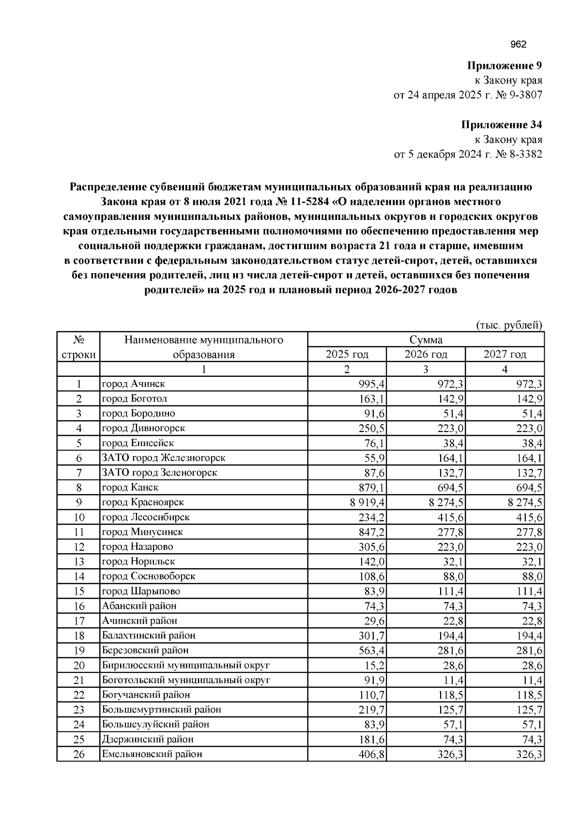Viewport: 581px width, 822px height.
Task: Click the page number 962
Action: (x=518, y=45)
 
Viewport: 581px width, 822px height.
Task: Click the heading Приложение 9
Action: (x=504, y=65)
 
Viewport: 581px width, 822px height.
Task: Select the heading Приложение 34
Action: (x=501, y=125)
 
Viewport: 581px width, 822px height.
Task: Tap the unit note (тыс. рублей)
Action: (x=509, y=325)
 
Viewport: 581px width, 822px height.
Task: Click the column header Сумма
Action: (x=426, y=340)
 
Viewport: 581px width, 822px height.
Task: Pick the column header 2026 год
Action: (x=426, y=355)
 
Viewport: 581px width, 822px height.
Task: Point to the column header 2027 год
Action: (x=505, y=355)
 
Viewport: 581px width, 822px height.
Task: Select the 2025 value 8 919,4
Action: (x=367, y=502)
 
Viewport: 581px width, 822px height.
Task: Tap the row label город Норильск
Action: (x=138, y=561)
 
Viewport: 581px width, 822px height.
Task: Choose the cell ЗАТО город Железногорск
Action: (x=164, y=458)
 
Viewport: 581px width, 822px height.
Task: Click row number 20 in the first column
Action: (x=78, y=665)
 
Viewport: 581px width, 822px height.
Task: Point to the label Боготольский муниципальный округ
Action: (x=186, y=680)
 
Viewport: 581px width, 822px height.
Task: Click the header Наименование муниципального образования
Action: (x=203, y=347)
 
